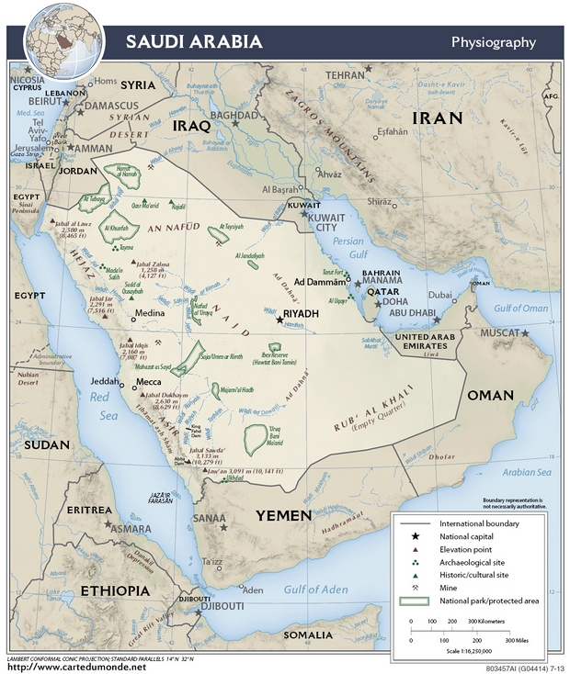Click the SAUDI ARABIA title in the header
(x=193, y=42)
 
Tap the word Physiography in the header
(x=493, y=42)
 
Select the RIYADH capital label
(x=301, y=314)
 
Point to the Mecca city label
(x=149, y=380)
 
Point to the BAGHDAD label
(x=234, y=116)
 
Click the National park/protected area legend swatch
(x=416, y=601)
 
